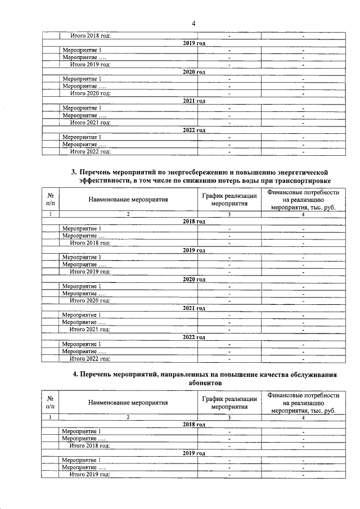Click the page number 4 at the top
pos(193,23)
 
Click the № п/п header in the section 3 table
pos(51,199)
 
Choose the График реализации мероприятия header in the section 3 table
pos(229,199)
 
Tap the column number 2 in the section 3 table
pos(128,214)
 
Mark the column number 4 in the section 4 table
pos(303,417)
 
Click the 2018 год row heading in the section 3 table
pos(194,222)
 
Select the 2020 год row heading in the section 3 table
pos(194,279)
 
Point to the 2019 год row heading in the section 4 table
pos(194,453)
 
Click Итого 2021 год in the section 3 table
pos(89,329)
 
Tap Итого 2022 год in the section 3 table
pos(89,358)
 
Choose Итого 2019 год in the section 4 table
pos(89,475)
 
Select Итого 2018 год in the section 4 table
pos(89,445)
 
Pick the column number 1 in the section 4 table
pos(51,417)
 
